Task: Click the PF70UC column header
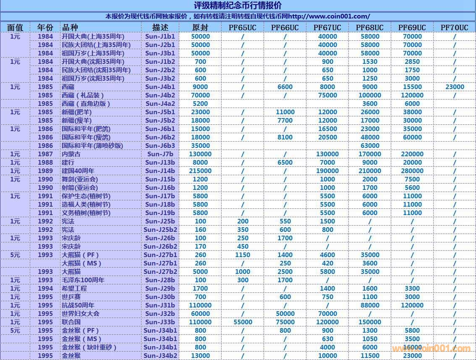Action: pyautogui.click(x=454, y=28)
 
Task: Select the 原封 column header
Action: pyautogui.click(x=200, y=28)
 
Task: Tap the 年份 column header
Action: pyautogui.click(x=45, y=28)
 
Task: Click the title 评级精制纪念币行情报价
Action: pyautogui.click(x=238, y=5)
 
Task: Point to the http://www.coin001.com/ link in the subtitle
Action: pyautogui.click(x=329, y=16)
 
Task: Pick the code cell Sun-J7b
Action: pyautogui.click(x=160, y=154)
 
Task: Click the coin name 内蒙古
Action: pyautogui.click(x=71, y=154)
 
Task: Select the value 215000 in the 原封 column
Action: pyautogui.click(x=200, y=171)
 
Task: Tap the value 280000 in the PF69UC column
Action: pyautogui.click(x=412, y=171)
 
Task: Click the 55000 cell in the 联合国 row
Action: pyautogui.click(x=243, y=322)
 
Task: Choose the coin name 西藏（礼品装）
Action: pyautogui.click(x=83, y=95)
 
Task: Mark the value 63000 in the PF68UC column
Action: pyautogui.click(x=369, y=146)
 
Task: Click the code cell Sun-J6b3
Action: pyautogui.click(x=160, y=146)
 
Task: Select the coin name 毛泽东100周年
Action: pyautogui.click(x=83, y=280)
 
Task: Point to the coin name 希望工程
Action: pyautogui.click(x=74, y=289)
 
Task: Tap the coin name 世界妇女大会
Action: pyautogui.click(x=81, y=314)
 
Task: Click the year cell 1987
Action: pyautogui.click(x=45, y=154)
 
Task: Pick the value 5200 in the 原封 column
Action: pyautogui.click(x=200, y=104)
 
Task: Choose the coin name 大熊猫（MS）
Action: pyautogui.click(x=82, y=263)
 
